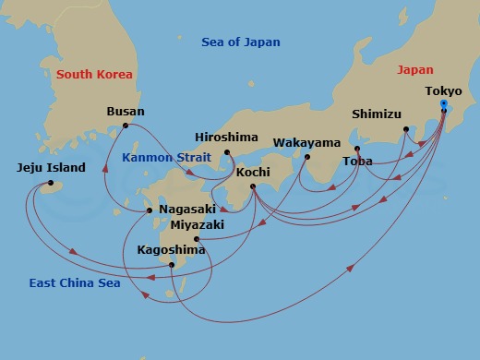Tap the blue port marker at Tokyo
444,103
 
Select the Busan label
126,112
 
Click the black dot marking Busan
126,126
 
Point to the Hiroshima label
226,136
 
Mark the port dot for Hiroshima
226,152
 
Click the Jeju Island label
51,168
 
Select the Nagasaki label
188,210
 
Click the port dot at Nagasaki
150,210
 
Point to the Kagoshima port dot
173,265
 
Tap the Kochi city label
253,172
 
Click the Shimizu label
377,114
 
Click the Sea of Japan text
240,42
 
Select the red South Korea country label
93,74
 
